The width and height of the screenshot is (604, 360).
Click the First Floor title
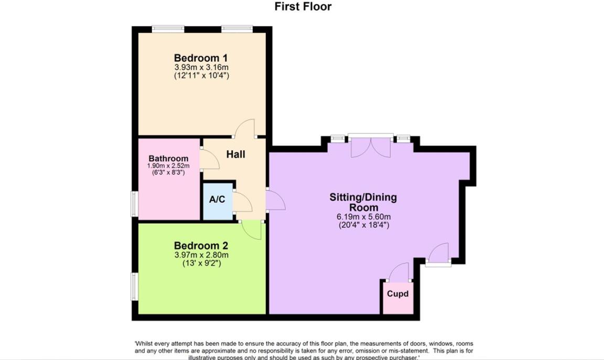(303, 7)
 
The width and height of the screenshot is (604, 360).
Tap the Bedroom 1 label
(201, 58)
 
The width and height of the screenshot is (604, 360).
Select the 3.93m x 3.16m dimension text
(201, 68)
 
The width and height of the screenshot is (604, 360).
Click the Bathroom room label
(168, 159)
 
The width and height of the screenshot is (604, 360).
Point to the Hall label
(235, 154)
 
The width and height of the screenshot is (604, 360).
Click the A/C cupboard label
(217, 200)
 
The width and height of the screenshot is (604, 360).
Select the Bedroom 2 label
(201, 245)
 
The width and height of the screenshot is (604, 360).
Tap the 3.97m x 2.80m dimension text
(201, 255)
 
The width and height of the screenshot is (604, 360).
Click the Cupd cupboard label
(397, 293)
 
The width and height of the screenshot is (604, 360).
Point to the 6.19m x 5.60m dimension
(363, 216)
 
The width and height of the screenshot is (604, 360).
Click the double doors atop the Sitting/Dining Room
(371, 147)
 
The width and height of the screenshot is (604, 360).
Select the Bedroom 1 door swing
(245, 129)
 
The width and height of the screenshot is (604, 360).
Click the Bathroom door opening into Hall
(209, 159)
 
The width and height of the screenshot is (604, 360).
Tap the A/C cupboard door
(242, 202)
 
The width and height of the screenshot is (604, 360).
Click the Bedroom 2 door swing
(252, 230)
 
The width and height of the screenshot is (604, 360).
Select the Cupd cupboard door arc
(399, 272)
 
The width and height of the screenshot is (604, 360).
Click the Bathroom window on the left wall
(135, 203)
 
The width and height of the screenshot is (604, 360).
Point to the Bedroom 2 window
(135, 287)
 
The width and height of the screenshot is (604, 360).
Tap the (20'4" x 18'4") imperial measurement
(363, 225)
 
